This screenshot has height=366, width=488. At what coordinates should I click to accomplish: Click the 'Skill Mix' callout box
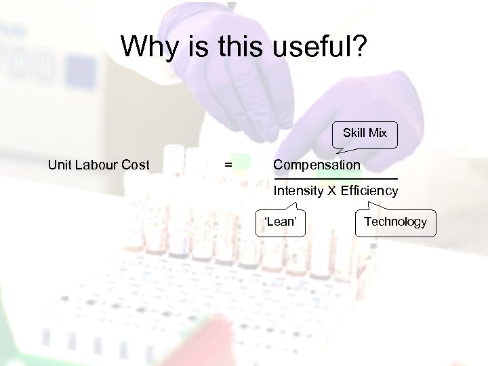coord(365,134)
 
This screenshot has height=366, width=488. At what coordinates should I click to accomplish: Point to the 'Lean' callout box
coord(280,222)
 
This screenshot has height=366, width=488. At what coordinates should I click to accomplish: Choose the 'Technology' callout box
coord(395,222)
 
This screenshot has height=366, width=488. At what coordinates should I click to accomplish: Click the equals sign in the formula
coord(228,165)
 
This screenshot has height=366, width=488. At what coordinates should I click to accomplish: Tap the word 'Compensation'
coord(317,165)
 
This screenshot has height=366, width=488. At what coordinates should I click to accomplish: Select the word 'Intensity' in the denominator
coord(298,190)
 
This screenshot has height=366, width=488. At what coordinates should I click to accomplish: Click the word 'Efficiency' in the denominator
coord(369,190)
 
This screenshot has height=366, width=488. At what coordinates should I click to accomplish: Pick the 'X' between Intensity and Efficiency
coord(332,190)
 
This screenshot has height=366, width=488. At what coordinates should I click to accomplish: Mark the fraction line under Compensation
coord(335,178)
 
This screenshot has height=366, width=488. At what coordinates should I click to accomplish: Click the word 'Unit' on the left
coord(59,165)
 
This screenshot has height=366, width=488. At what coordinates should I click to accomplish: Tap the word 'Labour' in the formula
coord(96,165)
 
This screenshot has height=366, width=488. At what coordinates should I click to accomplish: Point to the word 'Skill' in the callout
coord(354,133)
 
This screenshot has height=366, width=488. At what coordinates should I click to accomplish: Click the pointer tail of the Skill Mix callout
coord(344,151)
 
